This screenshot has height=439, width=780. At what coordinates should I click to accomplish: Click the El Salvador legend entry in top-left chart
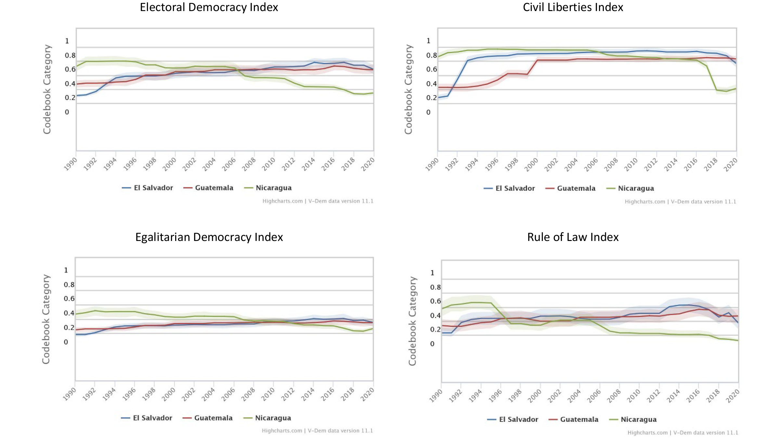coord(153,188)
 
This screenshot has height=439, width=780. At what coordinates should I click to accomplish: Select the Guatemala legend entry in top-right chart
coord(576,188)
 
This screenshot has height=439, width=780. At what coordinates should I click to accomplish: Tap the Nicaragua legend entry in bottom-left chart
coord(273,418)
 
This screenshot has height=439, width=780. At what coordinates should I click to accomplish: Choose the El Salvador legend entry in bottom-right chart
coord(518,419)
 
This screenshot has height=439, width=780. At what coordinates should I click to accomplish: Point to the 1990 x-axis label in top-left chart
coord(71,164)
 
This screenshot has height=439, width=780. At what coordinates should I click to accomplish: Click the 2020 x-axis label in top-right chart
coord(730,164)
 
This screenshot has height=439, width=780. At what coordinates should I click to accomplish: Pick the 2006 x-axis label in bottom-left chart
coord(228,393)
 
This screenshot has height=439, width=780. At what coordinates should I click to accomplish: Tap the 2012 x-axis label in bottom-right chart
coord(653,395)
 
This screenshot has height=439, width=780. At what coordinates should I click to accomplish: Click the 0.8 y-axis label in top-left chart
coord(70,55)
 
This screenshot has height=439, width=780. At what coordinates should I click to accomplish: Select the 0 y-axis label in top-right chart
coord(428,112)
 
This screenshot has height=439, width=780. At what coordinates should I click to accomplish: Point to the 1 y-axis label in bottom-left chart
coord(66,270)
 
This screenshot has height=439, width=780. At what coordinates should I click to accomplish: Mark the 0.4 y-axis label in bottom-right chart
coord(435,315)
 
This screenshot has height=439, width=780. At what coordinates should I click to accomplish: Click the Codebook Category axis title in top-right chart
coord(408,89)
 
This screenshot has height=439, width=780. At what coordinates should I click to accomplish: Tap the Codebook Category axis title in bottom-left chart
coord(46,319)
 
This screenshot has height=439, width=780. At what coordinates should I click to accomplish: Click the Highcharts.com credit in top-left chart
coord(282,201)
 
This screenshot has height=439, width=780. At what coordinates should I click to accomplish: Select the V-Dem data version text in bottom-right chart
coord(705,432)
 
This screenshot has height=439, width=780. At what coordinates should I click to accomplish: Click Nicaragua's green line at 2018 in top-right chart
coord(716,90)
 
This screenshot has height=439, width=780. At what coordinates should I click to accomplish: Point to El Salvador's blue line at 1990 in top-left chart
coord(77,96)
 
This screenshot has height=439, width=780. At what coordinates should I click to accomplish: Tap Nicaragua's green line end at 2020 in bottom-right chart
coord(738,340)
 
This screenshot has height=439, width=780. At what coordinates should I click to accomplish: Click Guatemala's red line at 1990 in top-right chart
coord(438,87)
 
